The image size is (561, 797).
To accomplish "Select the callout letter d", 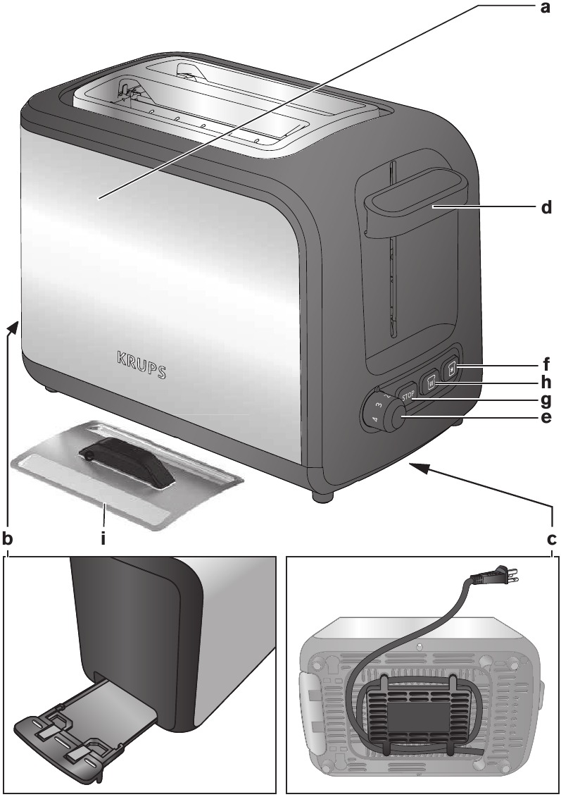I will click(544, 209).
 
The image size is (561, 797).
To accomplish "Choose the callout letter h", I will click(545, 384).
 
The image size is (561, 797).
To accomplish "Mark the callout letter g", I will click(545, 401).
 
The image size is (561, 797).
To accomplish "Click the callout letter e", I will click(545, 419).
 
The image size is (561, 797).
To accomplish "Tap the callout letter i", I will click(103, 539).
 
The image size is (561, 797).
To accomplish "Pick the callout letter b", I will click(8, 539).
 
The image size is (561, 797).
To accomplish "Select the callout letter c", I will click(551, 539).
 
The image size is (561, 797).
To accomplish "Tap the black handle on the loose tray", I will click(126, 465).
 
